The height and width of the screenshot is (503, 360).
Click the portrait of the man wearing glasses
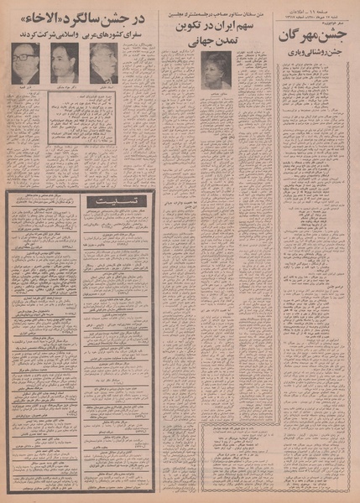pos(24,63)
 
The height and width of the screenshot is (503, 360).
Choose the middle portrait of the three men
pos(64,63)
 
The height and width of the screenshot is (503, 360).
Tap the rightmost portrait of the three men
pos(103,63)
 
